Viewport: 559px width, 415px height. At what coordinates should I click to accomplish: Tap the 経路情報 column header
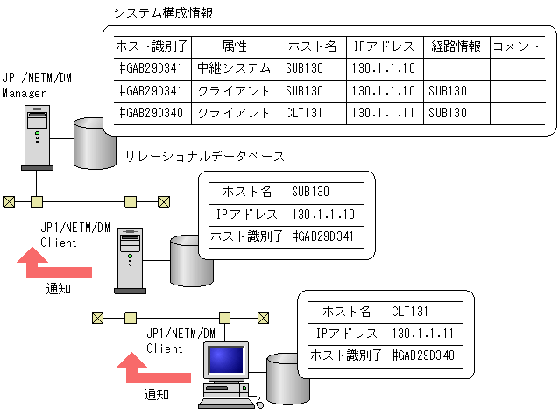coord(455,46)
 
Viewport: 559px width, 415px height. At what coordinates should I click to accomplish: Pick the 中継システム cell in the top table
coord(233,68)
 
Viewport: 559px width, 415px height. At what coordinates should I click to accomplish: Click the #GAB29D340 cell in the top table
coord(152,112)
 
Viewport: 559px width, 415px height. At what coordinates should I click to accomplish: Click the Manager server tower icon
coord(36,136)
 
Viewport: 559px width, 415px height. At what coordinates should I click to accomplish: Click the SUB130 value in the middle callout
coord(310,192)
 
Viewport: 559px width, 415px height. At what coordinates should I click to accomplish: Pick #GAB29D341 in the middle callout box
coord(323,236)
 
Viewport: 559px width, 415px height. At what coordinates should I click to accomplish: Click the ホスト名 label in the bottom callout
coord(347,312)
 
